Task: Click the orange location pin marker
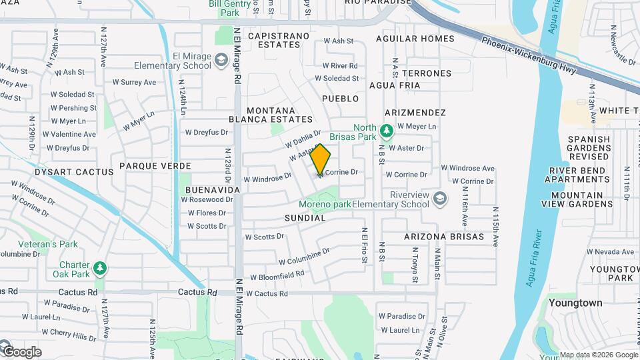[x=321, y=159]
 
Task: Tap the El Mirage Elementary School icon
[x=220, y=62]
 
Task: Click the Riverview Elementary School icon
[x=440, y=199]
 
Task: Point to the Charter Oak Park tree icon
[x=100, y=268]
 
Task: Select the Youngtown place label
[x=575, y=303]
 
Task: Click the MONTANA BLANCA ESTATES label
[x=279, y=115]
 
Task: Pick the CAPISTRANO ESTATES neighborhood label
[x=279, y=40]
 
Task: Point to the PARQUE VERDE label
[x=155, y=165]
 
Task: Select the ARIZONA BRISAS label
[x=444, y=237]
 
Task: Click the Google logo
[x=21, y=351]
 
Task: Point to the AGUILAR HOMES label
[x=415, y=39]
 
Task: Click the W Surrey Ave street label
[x=134, y=83]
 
